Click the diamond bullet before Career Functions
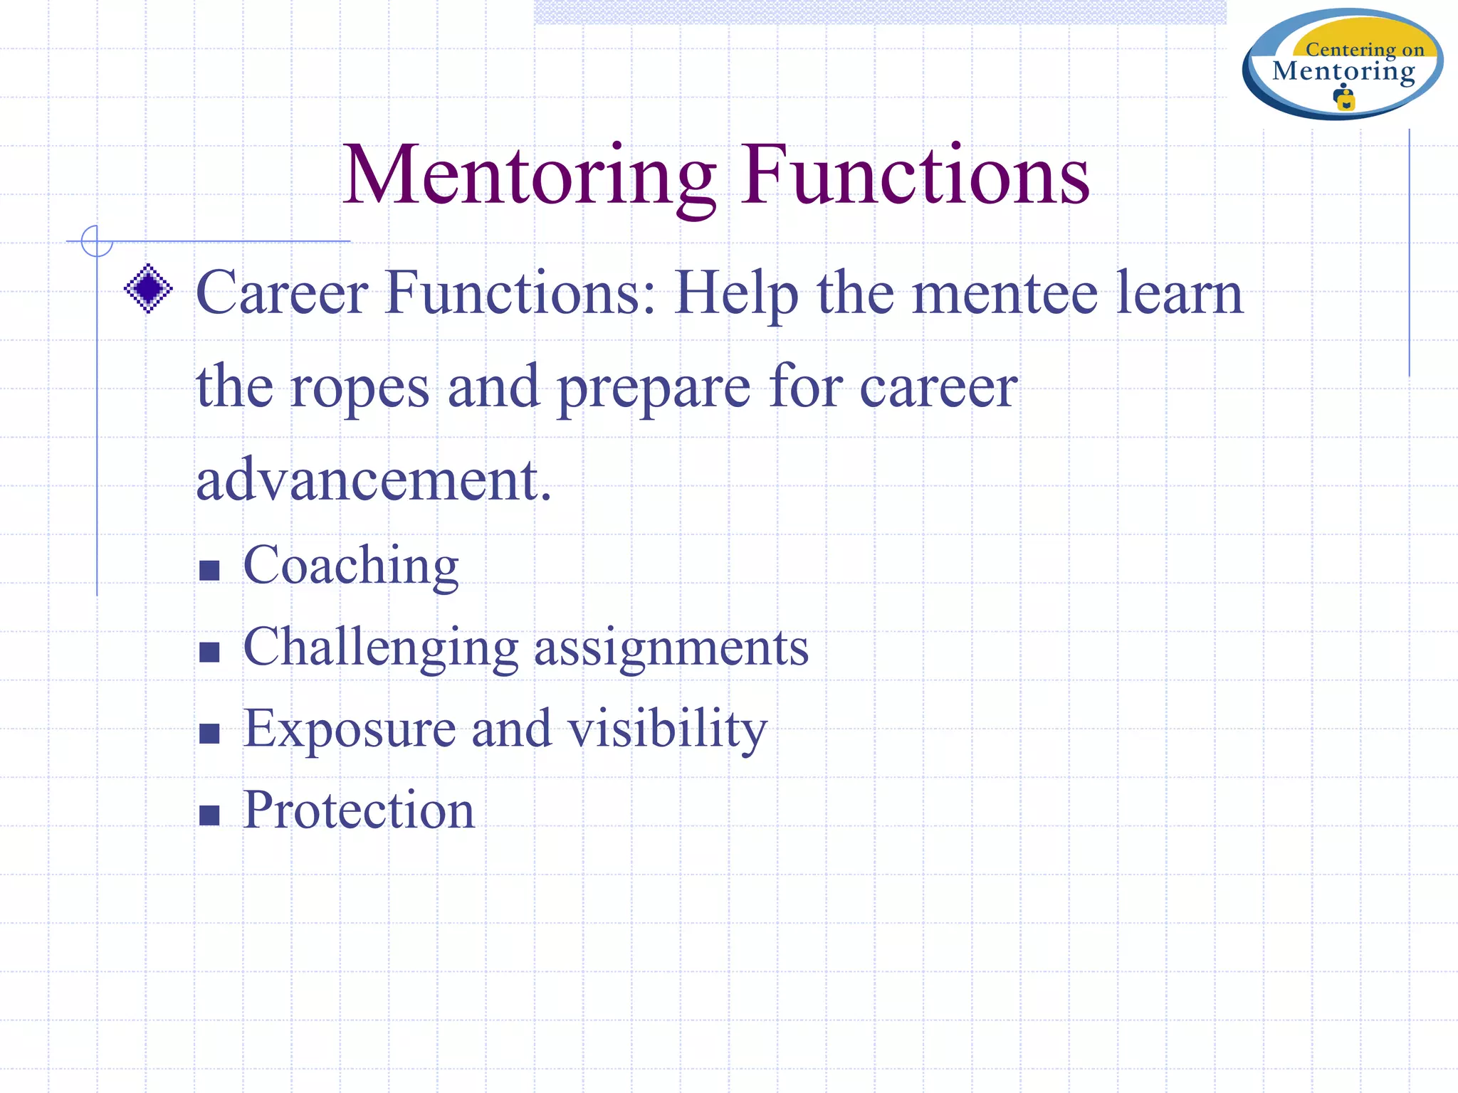click(x=148, y=288)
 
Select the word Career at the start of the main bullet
click(x=283, y=292)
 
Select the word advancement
click(x=374, y=480)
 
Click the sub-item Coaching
click(x=351, y=566)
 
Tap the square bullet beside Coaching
click(x=209, y=571)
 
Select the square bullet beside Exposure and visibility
click(x=209, y=734)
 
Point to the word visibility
click(x=667, y=730)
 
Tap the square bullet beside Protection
click(x=209, y=815)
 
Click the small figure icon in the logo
click(x=1344, y=97)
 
